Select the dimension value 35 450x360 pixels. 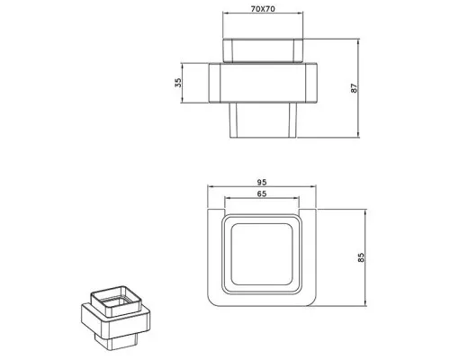178,83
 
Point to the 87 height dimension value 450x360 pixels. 364,90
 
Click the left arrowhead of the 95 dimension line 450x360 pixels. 211,187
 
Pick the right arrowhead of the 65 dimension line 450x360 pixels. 299,200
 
